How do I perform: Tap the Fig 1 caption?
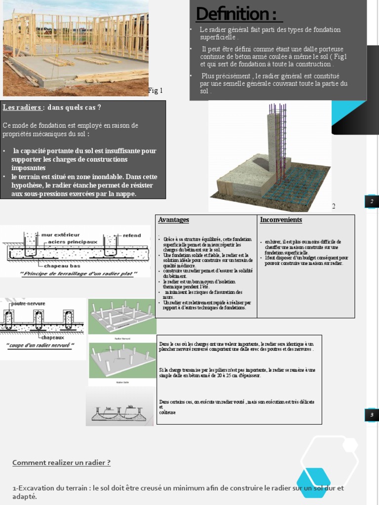(x=155, y=91)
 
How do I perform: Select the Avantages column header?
(x=174, y=219)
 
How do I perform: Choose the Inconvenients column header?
(x=281, y=219)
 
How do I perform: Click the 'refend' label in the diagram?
(x=132, y=236)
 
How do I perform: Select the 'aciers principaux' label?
(x=74, y=242)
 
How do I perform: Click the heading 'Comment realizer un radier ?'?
(x=61, y=463)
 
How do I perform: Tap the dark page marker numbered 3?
(x=372, y=415)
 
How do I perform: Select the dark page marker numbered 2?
(x=372, y=201)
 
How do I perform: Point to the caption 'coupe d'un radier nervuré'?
(x=40, y=345)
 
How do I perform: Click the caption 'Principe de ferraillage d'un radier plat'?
(x=78, y=274)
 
